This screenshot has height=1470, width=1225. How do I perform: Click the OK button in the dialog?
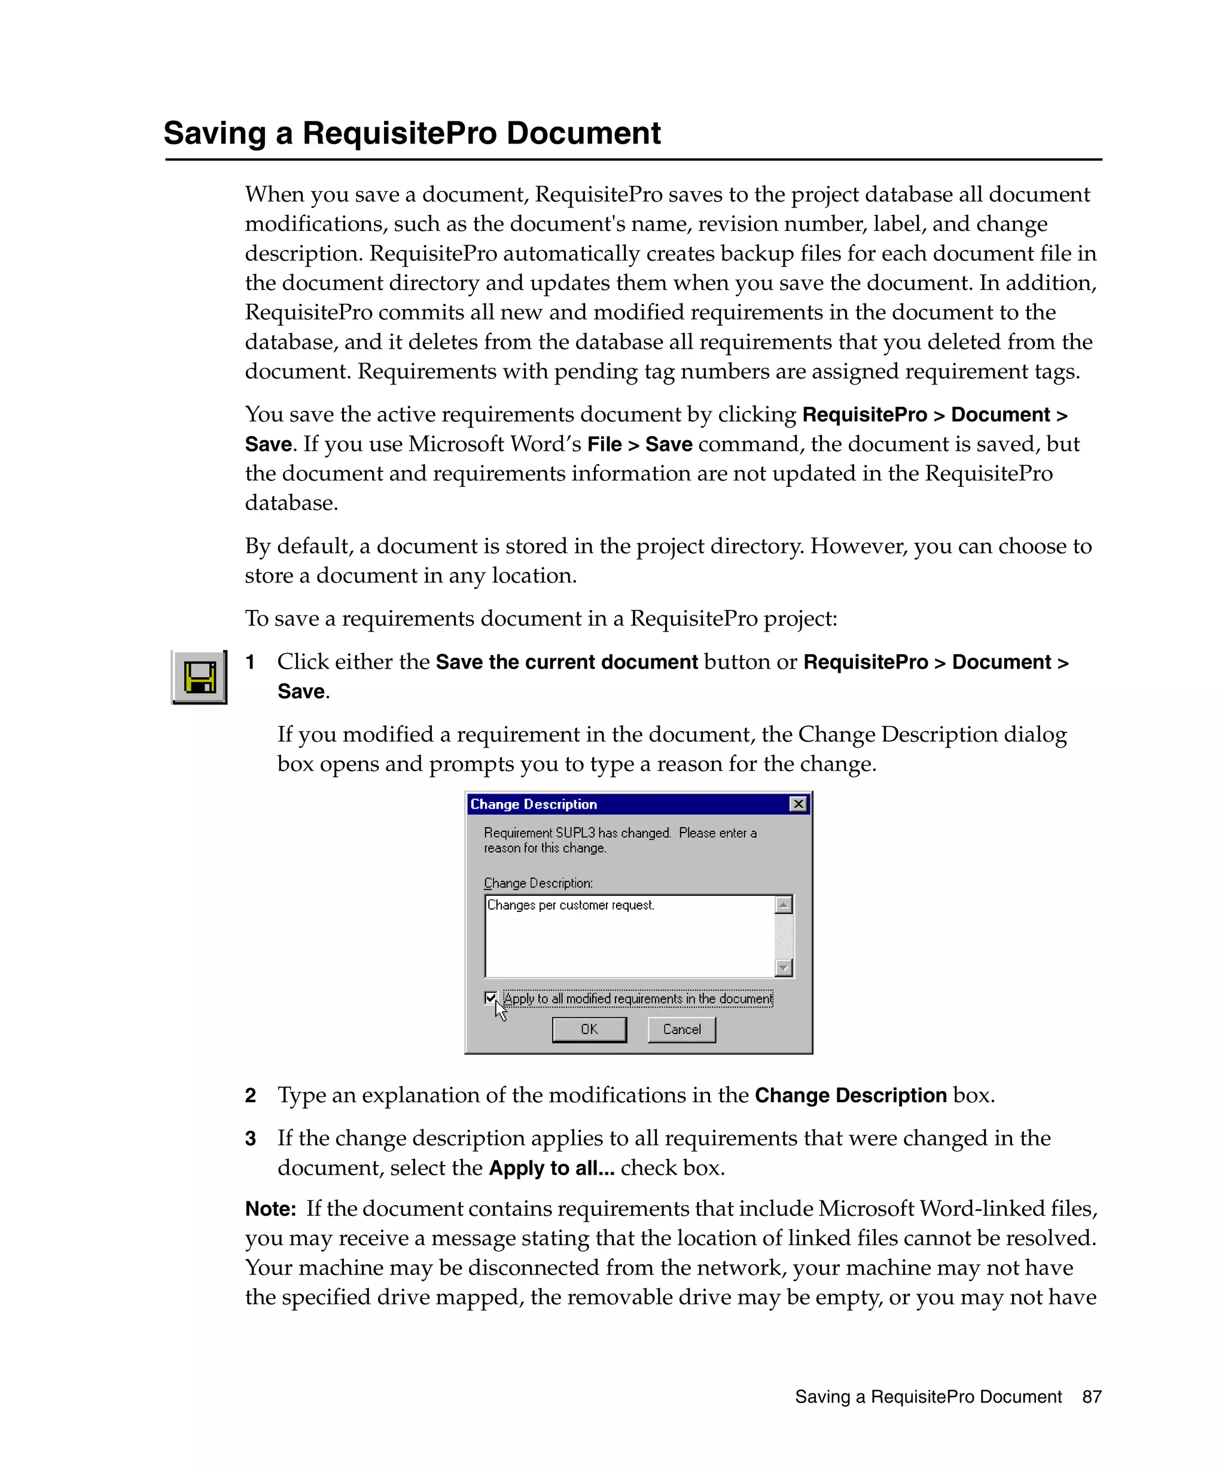(x=589, y=1029)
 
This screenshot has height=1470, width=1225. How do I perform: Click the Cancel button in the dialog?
(x=681, y=1029)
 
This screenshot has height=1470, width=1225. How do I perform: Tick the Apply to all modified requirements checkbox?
(x=490, y=998)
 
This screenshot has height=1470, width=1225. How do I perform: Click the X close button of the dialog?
(x=797, y=804)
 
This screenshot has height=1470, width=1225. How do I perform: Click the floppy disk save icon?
(x=200, y=677)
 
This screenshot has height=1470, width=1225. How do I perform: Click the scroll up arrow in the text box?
(x=784, y=905)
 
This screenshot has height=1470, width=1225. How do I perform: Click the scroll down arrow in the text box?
(x=784, y=968)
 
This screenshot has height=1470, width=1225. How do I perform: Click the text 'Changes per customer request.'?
(x=571, y=905)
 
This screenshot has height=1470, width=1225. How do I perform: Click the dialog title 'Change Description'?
(x=534, y=804)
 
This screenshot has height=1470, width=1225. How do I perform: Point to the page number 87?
(x=1091, y=1396)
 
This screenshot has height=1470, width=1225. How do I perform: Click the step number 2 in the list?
(x=251, y=1096)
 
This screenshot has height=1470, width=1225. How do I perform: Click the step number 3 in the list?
(x=251, y=1139)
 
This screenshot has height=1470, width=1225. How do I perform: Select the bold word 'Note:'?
(x=270, y=1209)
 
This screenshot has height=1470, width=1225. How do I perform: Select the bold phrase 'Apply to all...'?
(x=551, y=1169)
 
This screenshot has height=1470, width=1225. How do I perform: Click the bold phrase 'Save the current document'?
(x=566, y=662)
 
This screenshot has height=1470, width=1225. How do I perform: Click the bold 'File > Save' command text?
(x=639, y=444)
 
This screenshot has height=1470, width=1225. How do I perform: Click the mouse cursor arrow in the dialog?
(x=500, y=1010)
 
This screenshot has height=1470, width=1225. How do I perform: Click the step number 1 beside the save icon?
(x=250, y=662)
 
